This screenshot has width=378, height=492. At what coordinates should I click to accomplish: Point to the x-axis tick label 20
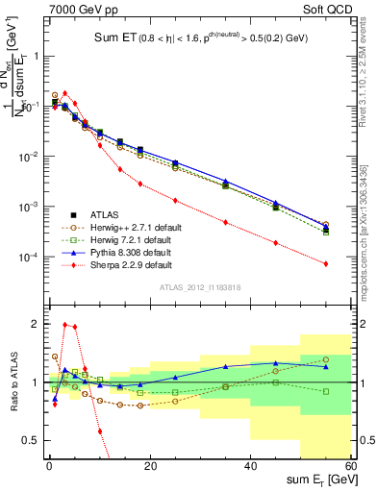click(x=149, y=467)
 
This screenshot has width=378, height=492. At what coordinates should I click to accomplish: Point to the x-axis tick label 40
click(x=250, y=467)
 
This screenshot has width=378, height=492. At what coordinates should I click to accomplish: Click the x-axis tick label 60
click(x=350, y=467)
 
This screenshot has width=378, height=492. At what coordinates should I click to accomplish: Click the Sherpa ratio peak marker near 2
click(x=64, y=325)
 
